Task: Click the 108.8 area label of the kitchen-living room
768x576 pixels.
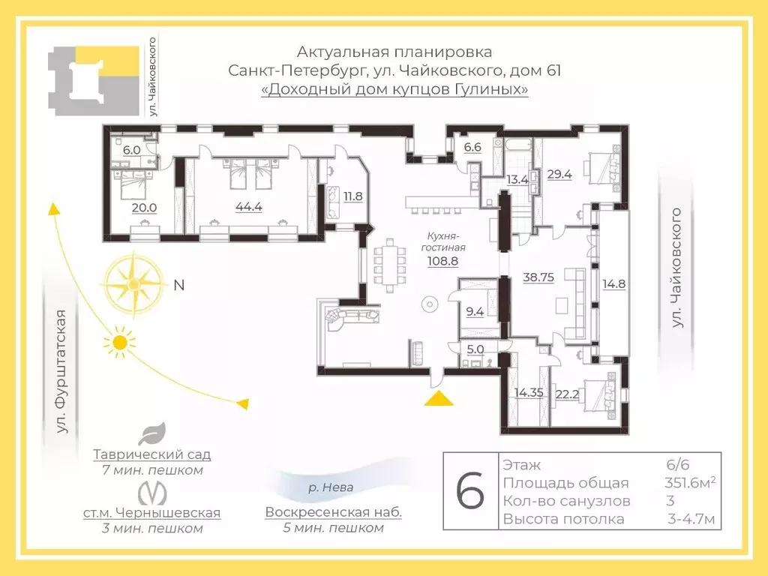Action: [x=442, y=262]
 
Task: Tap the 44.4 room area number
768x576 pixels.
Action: [x=248, y=207]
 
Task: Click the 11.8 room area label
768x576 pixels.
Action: [x=352, y=197]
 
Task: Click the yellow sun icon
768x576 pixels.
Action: [x=118, y=343]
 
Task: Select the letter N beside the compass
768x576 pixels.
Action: [x=178, y=285]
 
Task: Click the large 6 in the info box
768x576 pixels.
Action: [x=469, y=492]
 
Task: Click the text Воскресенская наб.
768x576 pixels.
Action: [x=333, y=513]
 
